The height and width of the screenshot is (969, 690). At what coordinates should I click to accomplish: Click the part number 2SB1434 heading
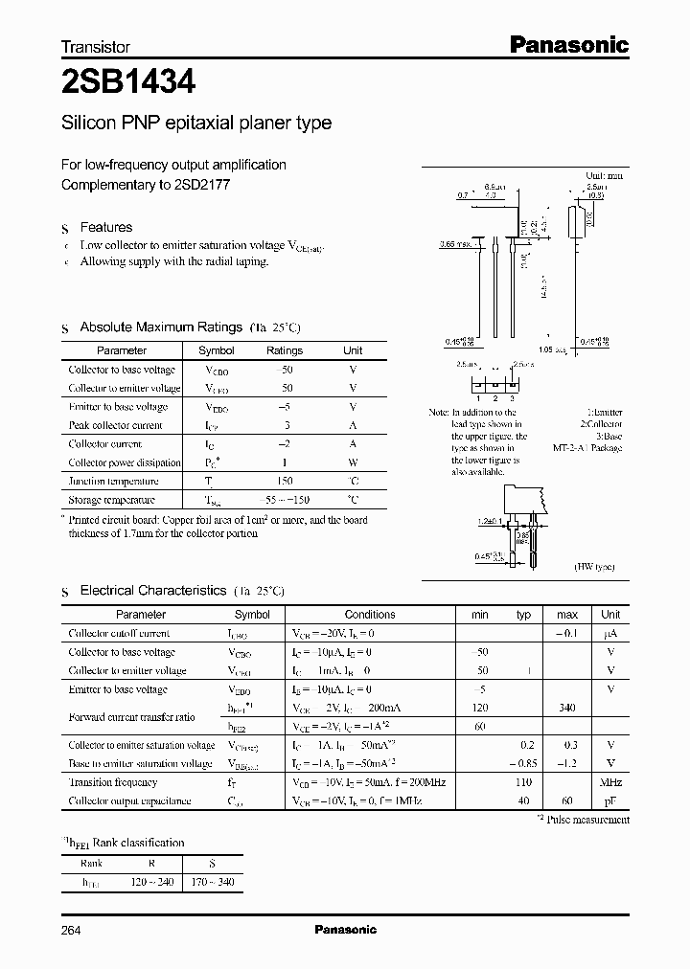[x=128, y=83]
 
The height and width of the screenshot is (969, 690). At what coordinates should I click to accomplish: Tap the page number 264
[x=72, y=929]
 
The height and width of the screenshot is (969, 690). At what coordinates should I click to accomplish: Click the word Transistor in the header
[x=96, y=46]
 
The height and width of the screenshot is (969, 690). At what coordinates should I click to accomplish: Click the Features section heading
[x=105, y=227]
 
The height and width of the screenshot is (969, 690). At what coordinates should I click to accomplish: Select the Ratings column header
[x=285, y=350]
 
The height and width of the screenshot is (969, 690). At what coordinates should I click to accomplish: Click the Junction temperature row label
[x=113, y=482]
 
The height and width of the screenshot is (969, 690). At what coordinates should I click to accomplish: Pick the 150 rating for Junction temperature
[x=285, y=482]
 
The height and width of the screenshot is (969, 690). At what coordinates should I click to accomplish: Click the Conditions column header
[x=370, y=615]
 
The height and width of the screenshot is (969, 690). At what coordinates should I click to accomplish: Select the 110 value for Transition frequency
[x=523, y=782]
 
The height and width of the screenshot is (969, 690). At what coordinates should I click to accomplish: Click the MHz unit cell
[x=610, y=782]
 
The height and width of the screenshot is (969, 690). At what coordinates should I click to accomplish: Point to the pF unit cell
[x=610, y=800]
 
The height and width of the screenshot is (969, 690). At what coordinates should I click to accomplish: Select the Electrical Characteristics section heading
[x=152, y=591]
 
